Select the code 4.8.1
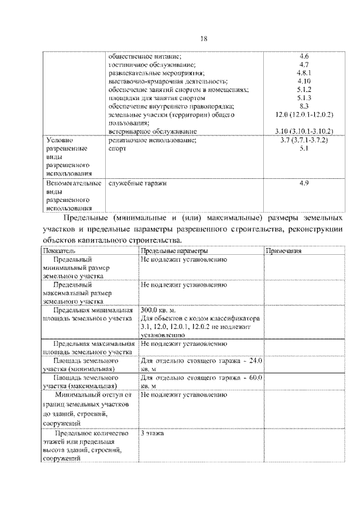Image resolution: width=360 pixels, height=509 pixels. point(304,73)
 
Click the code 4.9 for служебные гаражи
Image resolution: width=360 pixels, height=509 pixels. point(304,183)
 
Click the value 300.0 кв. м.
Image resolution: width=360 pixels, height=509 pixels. point(158,310)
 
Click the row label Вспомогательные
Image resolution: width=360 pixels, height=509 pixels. point(66,183)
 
